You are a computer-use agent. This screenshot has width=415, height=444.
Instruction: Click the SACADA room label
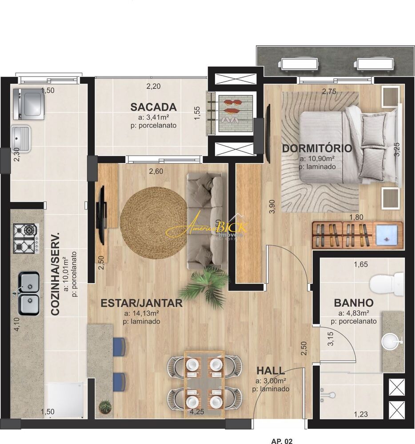(153, 107)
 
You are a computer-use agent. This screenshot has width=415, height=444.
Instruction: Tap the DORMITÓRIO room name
(317, 148)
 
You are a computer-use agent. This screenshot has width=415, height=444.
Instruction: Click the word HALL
(271, 371)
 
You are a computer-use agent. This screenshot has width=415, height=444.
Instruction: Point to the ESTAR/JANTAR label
(141, 303)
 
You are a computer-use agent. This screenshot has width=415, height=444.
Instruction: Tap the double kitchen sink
(28, 293)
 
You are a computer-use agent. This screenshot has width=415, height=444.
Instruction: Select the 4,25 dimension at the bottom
(196, 412)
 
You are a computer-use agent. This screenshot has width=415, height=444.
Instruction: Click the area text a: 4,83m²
(354, 313)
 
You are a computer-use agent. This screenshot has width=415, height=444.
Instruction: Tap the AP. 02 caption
(282, 441)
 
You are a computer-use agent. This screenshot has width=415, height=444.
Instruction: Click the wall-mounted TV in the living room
(101, 215)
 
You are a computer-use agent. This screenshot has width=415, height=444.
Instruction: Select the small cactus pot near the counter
(105, 405)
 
